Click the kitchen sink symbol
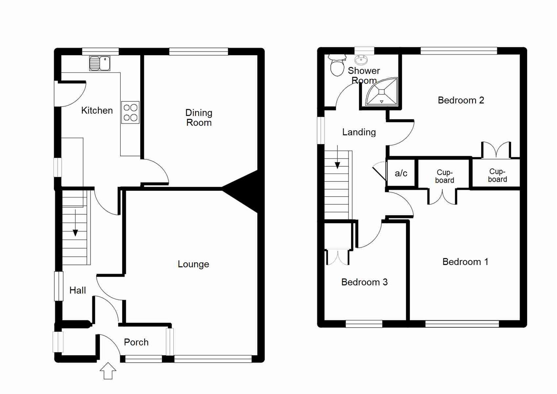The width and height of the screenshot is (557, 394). [100, 63]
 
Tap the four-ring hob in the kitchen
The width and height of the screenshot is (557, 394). [130, 112]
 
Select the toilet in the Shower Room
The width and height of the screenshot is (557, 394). [337, 65]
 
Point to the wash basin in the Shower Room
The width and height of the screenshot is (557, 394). [361, 59]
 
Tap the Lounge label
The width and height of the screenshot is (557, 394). [193, 264]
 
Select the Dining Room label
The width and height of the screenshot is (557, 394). [199, 117]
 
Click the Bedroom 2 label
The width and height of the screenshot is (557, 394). [461, 100]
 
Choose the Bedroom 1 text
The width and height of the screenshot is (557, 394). [465, 262]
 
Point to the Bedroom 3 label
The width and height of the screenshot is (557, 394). [364, 282]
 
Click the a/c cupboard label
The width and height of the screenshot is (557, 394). [401, 173]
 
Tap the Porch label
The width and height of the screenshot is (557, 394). [136, 342]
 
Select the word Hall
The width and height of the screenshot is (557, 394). [77, 290]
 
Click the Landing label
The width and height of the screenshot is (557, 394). [359, 132]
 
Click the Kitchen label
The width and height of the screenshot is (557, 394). [97, 110]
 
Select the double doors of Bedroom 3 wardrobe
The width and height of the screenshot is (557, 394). [337, 257]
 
